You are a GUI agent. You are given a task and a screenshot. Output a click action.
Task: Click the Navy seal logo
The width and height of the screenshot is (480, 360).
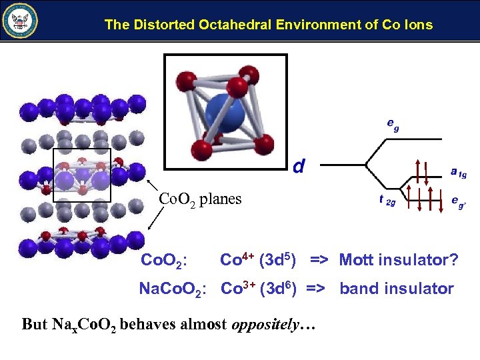click(x=21, y=21)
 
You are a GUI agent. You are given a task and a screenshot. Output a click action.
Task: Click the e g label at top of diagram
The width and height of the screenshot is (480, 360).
click(x=393, y=124)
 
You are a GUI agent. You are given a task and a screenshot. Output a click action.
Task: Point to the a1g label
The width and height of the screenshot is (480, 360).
click(x=458, y=173)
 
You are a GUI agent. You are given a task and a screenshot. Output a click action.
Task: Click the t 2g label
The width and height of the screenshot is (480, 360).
click(x=387, y=200)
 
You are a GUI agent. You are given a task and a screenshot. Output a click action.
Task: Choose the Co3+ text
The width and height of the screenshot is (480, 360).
click(x=237, y=288)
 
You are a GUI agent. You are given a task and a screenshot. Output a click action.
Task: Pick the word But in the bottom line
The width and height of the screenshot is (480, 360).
click(x=35, y=325)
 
